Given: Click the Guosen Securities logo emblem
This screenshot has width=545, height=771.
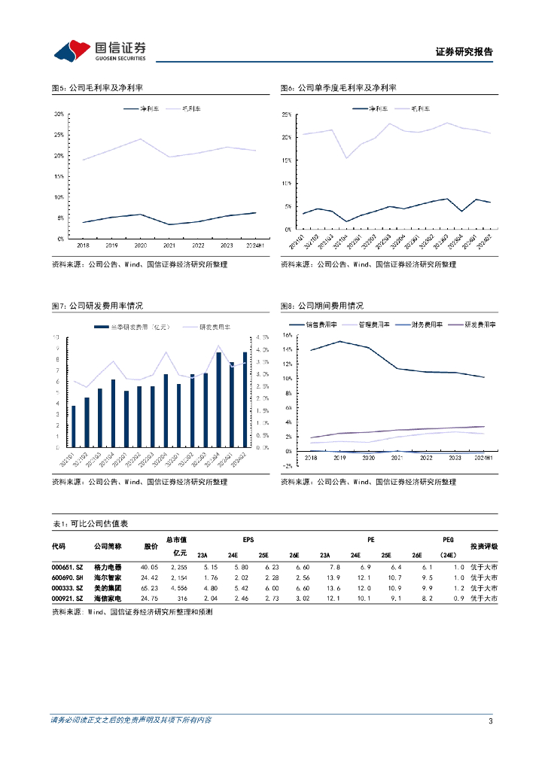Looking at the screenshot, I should tap(70, 51).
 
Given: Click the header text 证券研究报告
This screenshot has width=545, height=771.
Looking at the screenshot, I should tap(464, 52).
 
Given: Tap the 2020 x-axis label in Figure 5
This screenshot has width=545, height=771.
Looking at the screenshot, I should tap(139, 245).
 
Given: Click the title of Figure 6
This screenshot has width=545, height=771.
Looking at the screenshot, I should tap(338, 88).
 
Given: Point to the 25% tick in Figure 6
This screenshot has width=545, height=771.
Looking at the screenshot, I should tap(286, 114).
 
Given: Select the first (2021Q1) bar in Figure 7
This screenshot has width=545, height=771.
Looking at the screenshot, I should tap(74, 426).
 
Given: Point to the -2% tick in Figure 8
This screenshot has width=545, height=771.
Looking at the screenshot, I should tap(286, 465).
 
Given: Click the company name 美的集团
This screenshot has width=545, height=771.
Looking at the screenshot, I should tap(107, 587).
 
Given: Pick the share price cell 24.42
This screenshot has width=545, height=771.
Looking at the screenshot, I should tap(149, 577).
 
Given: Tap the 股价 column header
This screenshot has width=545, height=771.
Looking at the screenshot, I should tap(151, 546).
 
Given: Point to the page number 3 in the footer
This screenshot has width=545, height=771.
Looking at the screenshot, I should tap(490, 721).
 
